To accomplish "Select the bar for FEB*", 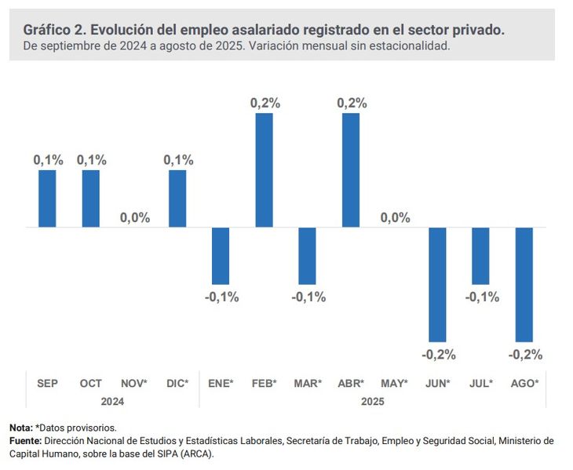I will point(264,170).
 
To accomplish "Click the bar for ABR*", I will point(351,170).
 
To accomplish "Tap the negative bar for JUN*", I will point(437,284).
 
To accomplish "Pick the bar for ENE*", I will point(221,256).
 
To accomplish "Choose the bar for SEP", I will point(48,199).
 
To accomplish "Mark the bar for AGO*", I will point(524,284).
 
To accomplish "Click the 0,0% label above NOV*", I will point(134,217).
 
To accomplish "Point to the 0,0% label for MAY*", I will point(395,217).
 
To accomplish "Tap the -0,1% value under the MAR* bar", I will point(308,297).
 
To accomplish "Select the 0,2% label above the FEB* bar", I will point(265,103).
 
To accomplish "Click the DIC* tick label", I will point(177,383).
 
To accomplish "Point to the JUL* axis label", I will point(480,383).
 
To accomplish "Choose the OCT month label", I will point(91,383).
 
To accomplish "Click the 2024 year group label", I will point(112,401).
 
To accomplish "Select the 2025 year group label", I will point(373,401).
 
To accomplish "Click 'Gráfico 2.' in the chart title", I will point(53,30).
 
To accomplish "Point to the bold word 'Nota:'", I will point(21,428).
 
